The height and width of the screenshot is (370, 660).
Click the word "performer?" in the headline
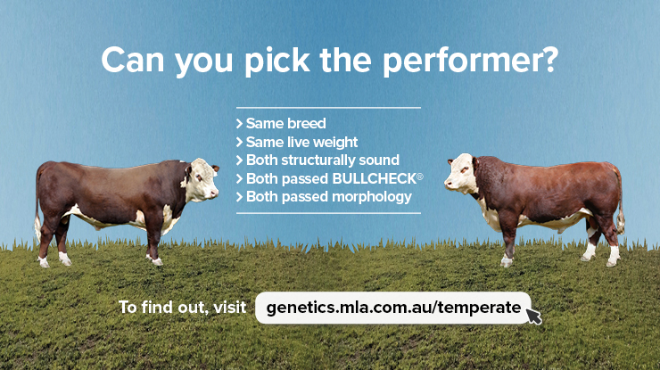pos(470,62)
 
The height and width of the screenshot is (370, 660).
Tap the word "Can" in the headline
pos(133,60)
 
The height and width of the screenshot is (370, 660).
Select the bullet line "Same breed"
pos(281,123)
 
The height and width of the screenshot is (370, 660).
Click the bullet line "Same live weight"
pos(297,143)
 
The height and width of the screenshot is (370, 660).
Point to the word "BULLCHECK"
pos(374,179)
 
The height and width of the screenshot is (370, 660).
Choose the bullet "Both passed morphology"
pos(324,197)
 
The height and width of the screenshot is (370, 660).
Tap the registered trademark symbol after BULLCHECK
pos(420,177)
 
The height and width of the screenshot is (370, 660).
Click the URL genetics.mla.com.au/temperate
pos(393,308)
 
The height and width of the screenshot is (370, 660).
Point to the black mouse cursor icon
pos(532,317)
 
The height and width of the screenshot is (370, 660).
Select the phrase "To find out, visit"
pos(182,308)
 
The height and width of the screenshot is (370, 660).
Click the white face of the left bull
pos(202,179)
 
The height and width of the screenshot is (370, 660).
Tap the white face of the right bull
pos(461,174)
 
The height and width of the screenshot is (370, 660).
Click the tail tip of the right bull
pos(621,221)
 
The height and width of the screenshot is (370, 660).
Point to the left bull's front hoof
pos(156,261)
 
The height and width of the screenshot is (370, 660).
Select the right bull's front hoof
pos(506,261)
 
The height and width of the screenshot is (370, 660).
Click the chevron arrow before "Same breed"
pos(240,123)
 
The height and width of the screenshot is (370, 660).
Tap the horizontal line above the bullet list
pos(328,108)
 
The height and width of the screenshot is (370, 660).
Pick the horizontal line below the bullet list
pos(328,213)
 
